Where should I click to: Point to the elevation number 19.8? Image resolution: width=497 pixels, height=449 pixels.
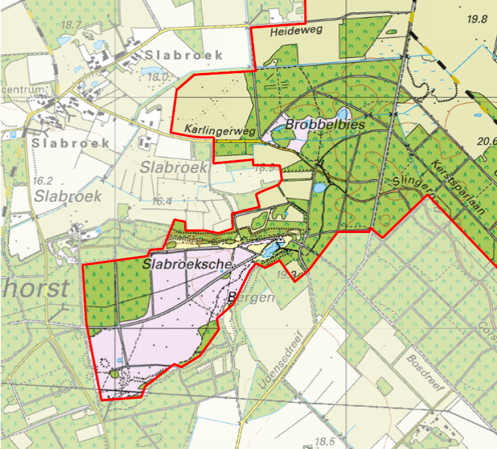point(477,19)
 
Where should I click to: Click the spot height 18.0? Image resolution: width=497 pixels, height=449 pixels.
point(159,77)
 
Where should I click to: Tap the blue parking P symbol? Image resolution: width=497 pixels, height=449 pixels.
point(13,134)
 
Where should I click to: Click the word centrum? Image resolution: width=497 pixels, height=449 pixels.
point(23,89)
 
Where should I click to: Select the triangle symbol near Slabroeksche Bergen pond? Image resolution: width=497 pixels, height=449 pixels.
point(281,240)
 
